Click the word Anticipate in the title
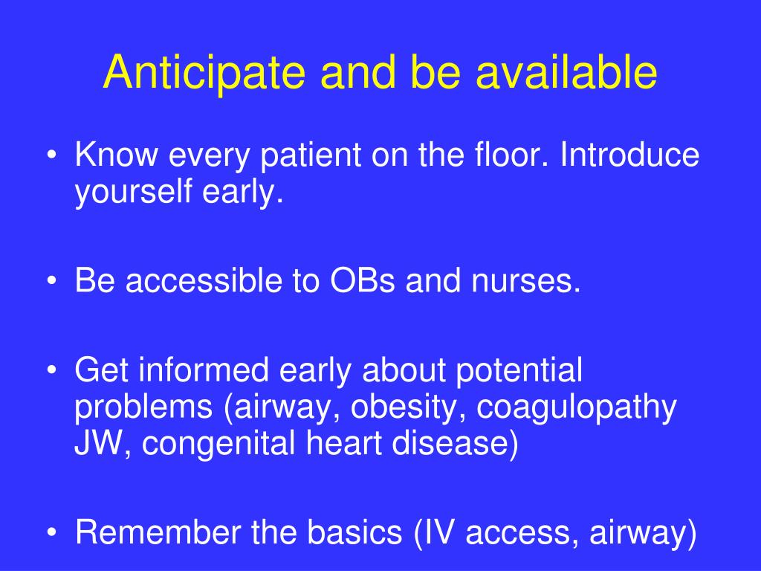tap(204, 73)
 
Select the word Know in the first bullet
tap(116, 155)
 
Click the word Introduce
tap(629, 155)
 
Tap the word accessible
tap(204, 280)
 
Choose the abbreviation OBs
tap(362, 280)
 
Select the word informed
tap(204, 370)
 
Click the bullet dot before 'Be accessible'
tap(52, 281)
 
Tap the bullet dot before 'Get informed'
tap(52, 370)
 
